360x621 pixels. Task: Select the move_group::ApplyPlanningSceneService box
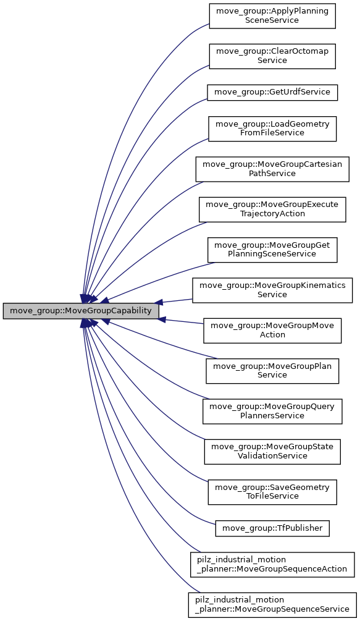pyautogui.click(x=272, y=16)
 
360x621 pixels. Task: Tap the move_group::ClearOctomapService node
pyautogui.click(x=272, y=56)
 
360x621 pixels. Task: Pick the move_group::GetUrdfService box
pyautogui.click(x=272, y=92)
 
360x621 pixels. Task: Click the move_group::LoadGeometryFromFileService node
pyautogui.click(x=272, y=128)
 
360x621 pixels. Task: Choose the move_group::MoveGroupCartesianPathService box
pyautogui.click(x=272, y=169)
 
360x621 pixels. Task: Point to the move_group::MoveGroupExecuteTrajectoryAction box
pyautogui.click(x=272, y=209)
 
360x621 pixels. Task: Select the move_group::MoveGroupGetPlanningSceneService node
pyautogui.click(x=272, y=250)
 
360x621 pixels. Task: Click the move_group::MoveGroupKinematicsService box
pyautogui.click(x=272, y=290)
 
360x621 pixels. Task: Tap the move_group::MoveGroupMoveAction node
pyautogui.click(x=272, y=330)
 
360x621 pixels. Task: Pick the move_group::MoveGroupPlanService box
pyautogui.click(x=272, y=370)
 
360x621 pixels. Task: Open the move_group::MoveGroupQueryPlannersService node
pyautogui.click(x=272, y=411)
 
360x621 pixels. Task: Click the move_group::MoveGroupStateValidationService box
pyautogui.click(x=272, y=451)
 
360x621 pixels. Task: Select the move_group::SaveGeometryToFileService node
pyautogui.click(x=272, y=492)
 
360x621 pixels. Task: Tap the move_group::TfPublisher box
pyautogui.click(x=272, y=528)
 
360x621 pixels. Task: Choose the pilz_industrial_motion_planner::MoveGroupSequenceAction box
pyautogui.click(x=272, y=564)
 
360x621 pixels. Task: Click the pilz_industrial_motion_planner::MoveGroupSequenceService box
pyautogui.click(x=272, y=604)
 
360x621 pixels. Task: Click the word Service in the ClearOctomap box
pyautogui.click(x=272, y=61)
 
